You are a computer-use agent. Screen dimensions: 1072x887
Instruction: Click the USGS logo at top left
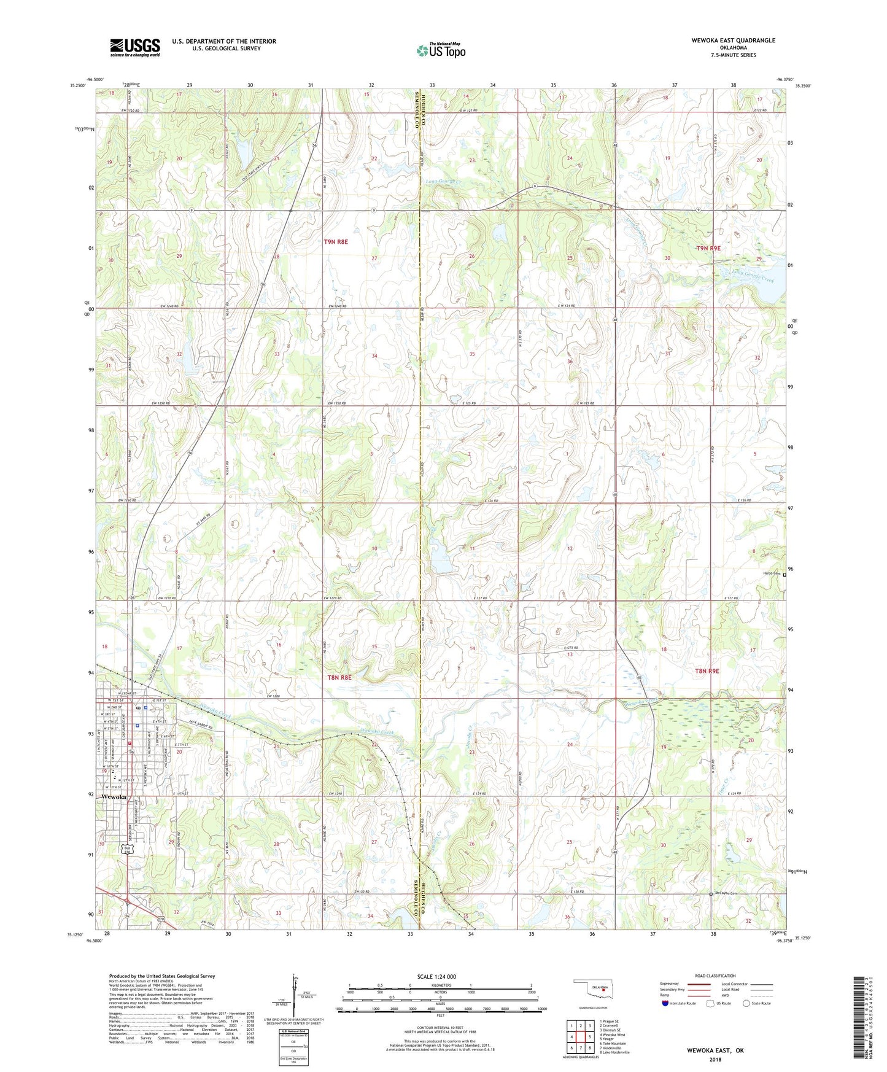[x=134, y=47]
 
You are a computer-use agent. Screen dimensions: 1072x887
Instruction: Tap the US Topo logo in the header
[x=441, y=51]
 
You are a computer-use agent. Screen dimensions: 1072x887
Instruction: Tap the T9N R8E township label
[x=336, y=242]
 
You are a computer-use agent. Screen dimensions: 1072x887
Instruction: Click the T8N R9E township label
[x=707, y=671]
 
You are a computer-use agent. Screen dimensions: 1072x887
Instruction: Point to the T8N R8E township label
[x=338, y=677]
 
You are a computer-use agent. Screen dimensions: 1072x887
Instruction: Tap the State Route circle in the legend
[x=746, y=1004]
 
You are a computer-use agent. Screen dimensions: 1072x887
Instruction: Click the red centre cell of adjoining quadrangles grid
[x=579, y=1038]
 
